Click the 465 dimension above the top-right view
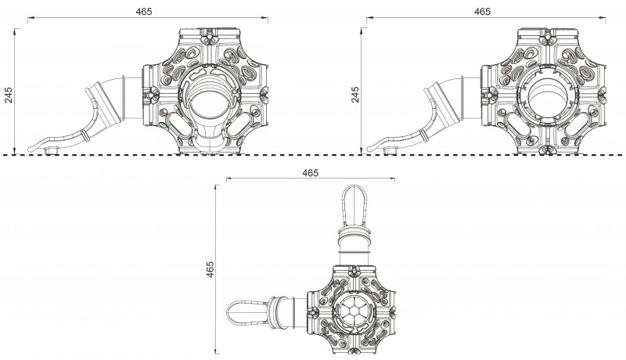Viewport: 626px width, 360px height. (483, 12)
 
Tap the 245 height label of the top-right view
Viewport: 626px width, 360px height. (354, 95)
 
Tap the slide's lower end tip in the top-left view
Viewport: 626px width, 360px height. (35, 146)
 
